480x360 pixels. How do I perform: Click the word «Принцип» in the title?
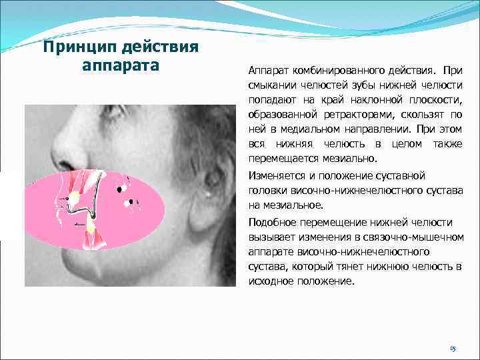[76, 48]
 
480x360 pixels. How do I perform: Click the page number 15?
[453, 349]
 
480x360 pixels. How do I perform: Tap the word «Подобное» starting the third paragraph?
[269, 222]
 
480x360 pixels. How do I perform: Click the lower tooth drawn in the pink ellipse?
[89, 229]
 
